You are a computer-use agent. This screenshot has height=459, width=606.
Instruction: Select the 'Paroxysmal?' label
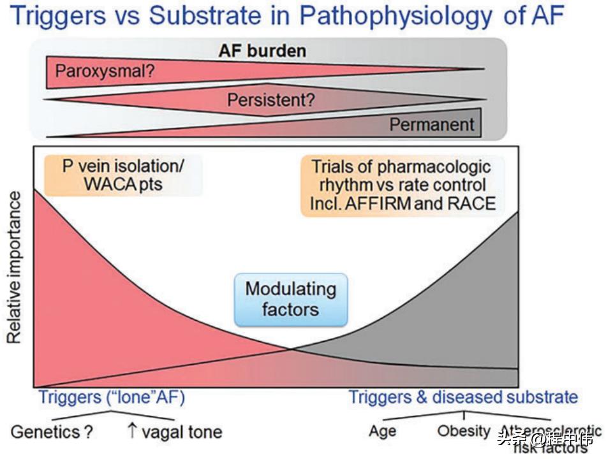(104, 71)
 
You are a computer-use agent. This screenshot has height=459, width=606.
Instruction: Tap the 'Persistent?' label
(271, 100)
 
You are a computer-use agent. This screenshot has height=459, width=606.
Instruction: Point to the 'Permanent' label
(432, 124)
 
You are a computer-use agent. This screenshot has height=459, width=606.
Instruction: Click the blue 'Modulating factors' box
(291, 299)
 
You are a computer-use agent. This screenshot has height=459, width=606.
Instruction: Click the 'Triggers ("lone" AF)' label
(112, 397)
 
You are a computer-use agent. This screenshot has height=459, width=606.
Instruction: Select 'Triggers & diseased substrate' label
(462, 397)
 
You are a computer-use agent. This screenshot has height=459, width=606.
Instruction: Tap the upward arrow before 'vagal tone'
(132, 431)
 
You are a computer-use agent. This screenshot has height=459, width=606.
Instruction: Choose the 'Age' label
(383, 431)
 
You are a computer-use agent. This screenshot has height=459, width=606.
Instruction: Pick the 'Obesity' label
(464, 430)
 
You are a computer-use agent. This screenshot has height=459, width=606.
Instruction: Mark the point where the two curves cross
(292, 348)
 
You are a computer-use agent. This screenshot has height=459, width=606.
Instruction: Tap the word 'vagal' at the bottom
(162, 432)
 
